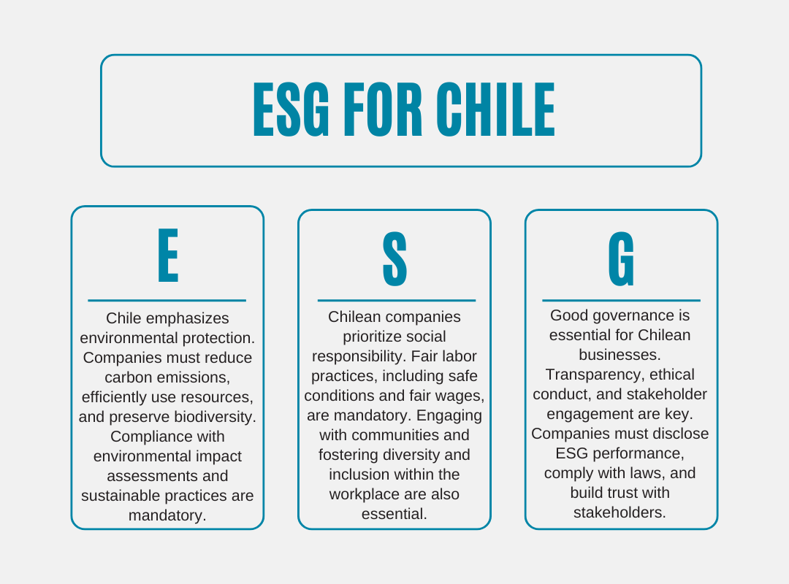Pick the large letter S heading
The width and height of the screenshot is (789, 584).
click(394, 259)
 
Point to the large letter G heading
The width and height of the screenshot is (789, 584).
click(622, 259)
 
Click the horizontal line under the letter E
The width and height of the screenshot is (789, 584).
click(167, 300)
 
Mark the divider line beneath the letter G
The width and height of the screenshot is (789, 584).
click(621, 300)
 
